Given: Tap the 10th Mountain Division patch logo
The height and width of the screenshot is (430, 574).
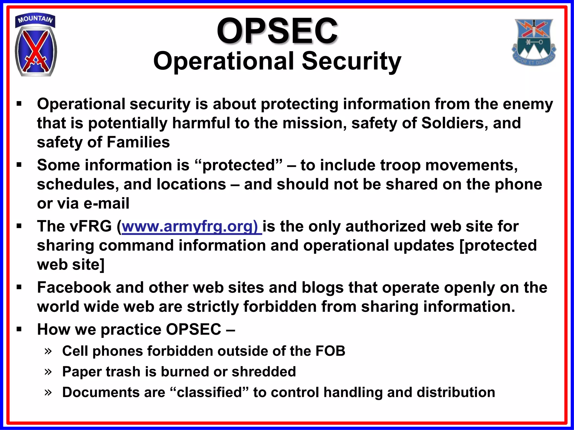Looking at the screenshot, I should [36, 50].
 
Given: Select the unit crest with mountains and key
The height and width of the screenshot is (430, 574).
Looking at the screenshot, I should [534, 42].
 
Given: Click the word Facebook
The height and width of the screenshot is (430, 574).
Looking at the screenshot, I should [74, 288].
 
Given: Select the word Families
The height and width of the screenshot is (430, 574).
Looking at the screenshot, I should [138, 142].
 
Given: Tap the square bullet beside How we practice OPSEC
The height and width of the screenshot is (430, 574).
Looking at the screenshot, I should [19, 329].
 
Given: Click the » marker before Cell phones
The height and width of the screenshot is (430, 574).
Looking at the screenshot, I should [48, 351].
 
